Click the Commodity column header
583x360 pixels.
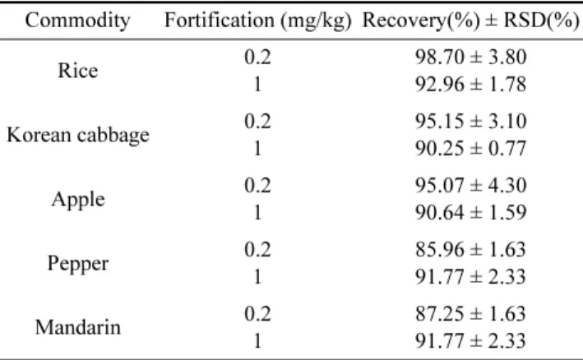[x=78, y=20]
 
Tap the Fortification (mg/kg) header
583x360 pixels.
[x=257, y=21]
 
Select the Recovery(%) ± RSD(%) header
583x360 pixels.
[x=470, y=21]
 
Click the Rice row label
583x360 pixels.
[x=78, y=70]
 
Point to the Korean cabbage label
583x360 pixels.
[x=78, y=136]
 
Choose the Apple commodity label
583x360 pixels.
[x=78, y=200]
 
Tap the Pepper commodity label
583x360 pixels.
[x=78, y=264]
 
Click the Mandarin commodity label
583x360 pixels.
[x=78, y=328]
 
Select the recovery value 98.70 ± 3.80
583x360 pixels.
[x=470, y=58]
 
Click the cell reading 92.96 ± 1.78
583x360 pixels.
[x=470, y=85]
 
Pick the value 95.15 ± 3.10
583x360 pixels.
[x=470, y=122]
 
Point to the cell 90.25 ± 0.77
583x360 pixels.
[x=470, y=149]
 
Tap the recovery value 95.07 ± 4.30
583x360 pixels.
[x=470, y=186]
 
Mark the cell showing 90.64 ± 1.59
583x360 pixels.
[x=470, y=213]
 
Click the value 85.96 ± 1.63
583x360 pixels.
[x=470, y=250]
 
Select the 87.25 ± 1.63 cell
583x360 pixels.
[x=470, y=314]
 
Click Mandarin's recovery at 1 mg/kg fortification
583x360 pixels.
[x=470, y=341]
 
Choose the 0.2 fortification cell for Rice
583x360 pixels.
[x=257, y=58]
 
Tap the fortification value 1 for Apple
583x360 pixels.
[x=257, y=213]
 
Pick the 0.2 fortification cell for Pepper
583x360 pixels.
[x=257, y=250]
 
